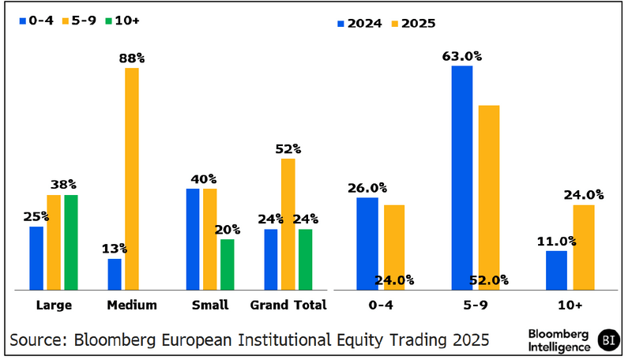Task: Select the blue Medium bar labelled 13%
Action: tap(115, 275)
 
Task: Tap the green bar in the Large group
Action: tap(71, 242)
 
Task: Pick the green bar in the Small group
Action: tap(227, 264)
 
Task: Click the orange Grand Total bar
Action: tap(288, 224)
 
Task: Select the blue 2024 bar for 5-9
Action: tap(461, 178)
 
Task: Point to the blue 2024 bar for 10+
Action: tap(556, 270)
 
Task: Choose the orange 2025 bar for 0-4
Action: tap(393, 247)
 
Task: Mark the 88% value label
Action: tap(131, 58)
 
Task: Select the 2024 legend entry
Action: tap(359, 23)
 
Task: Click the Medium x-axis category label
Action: tap(132, 305)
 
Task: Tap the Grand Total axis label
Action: tap(288, 305)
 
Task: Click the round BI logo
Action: tap(608, 339)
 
